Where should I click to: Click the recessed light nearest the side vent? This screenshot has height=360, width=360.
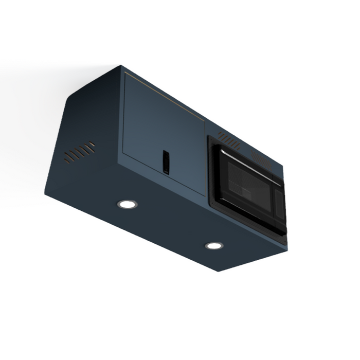[x=127, y=204]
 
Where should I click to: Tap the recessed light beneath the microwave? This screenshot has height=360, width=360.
[x=214, y=245]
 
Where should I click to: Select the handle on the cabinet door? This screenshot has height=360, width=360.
[x=166, y=161]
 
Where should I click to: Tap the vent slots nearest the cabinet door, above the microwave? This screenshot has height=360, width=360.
[x=228, y=137]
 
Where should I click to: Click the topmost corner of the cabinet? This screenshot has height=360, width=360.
[x=121, y=65]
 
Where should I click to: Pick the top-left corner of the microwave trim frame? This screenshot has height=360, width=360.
[x=209, y=137]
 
